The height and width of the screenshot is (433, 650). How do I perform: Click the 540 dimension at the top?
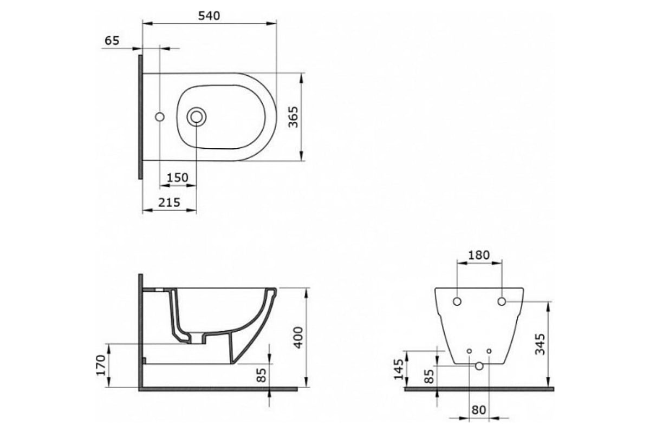(209, 16)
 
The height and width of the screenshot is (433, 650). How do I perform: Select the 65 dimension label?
(112, 41)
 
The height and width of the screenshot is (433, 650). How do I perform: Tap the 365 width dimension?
(294, 117)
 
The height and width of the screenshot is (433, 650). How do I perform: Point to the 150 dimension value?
(178, 178)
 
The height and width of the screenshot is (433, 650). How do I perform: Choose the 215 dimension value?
(169, 202)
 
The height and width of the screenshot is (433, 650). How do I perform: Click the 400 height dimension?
(298, 337)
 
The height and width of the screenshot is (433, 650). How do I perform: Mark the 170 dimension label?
(101, 365)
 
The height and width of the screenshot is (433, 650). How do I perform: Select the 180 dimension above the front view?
(479, 255)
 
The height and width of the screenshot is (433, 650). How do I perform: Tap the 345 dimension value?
(540, 344)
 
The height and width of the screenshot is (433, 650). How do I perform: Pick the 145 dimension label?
(399, 369)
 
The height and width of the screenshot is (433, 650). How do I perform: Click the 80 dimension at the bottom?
(478, 410)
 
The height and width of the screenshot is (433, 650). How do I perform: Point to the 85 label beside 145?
(429, 376)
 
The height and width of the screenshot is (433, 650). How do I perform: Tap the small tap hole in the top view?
(160, 117)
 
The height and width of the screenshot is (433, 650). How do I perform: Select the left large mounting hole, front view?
(457, 301)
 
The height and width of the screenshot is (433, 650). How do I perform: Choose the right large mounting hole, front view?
(502, 301)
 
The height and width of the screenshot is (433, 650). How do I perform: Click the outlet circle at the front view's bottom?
(479, 366)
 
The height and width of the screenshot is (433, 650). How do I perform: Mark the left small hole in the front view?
(469, 351)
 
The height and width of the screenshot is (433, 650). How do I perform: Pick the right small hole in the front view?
(489, 351)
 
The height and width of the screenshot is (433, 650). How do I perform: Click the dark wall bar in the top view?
(140, 117)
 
